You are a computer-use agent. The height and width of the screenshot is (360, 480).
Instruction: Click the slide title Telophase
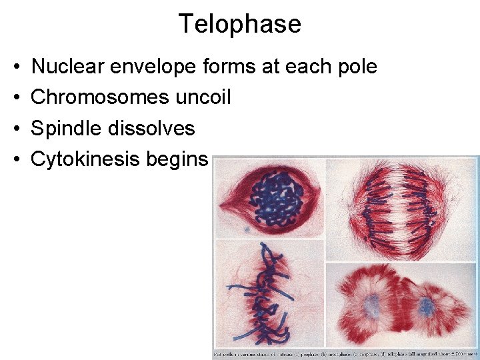coord(239,25)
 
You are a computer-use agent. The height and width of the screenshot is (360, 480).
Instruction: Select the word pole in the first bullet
coord(357,67)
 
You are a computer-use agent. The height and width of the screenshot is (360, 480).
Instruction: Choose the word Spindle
coord(65,128)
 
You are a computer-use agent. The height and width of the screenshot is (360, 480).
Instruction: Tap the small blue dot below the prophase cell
coord(247,229)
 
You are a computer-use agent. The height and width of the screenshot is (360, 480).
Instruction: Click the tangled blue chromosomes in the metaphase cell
coord(267,293)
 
